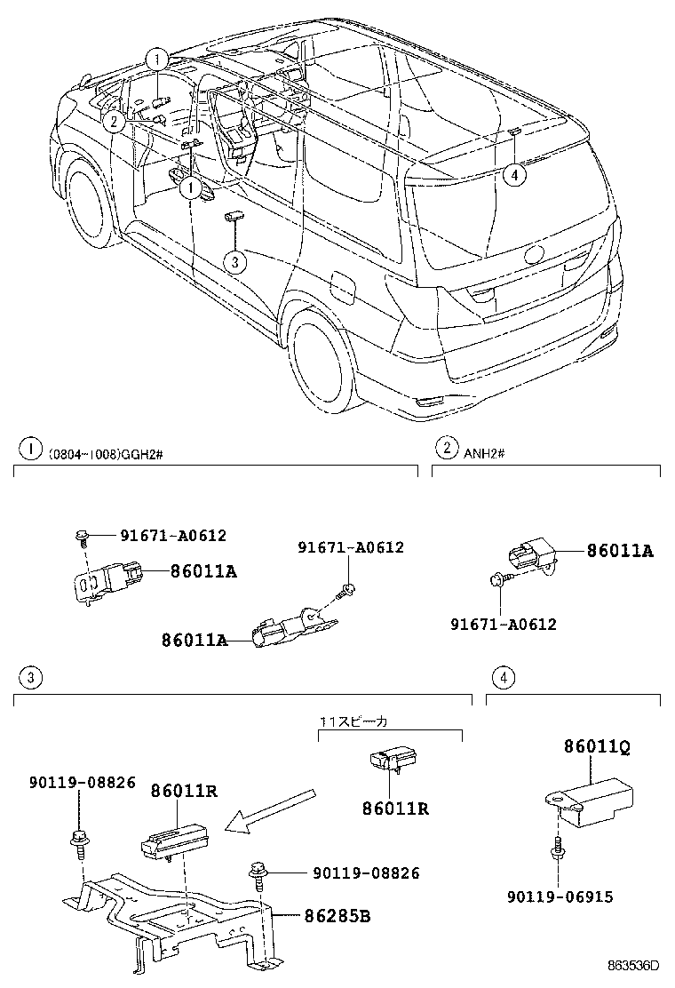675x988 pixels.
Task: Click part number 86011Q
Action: (x=596, y=748)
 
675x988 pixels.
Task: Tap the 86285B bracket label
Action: (x=337, y=914)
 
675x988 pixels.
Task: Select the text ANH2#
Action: (x=484, y=453)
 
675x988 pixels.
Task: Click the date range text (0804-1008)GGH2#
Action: (x=107, y=453)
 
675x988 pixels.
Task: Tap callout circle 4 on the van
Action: (x=513, y=175)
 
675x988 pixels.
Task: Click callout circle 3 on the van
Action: (x=234, y=261)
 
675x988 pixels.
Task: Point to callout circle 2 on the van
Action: (x=113, y=123)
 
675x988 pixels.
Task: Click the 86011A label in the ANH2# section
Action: (x=619, y=551)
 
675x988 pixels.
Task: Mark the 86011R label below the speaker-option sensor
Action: (x=395, y=809)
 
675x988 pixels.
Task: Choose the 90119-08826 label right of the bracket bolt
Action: (x=353, y=873)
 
